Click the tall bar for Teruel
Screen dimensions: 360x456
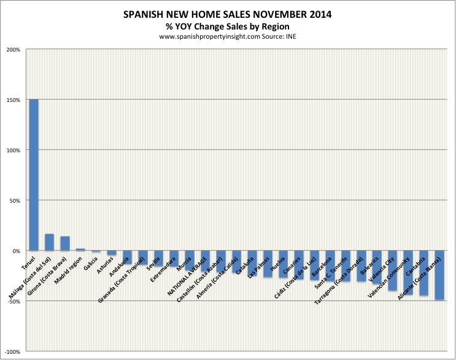click(34, 175)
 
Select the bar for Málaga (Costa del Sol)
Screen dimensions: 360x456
click(50, 242)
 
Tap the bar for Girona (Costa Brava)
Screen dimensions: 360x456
click(65, 243)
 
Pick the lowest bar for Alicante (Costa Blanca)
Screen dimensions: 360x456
click(439, 275)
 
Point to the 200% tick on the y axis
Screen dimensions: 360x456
click(14, 50)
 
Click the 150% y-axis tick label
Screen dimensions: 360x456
click(14, 100)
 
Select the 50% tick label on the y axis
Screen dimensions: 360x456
click(15, 201)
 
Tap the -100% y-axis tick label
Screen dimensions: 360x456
click(12, 352)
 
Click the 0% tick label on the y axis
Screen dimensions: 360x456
click(17, 251)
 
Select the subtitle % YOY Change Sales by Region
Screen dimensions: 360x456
click(228, 26)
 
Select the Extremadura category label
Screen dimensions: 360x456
click(164, 270)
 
